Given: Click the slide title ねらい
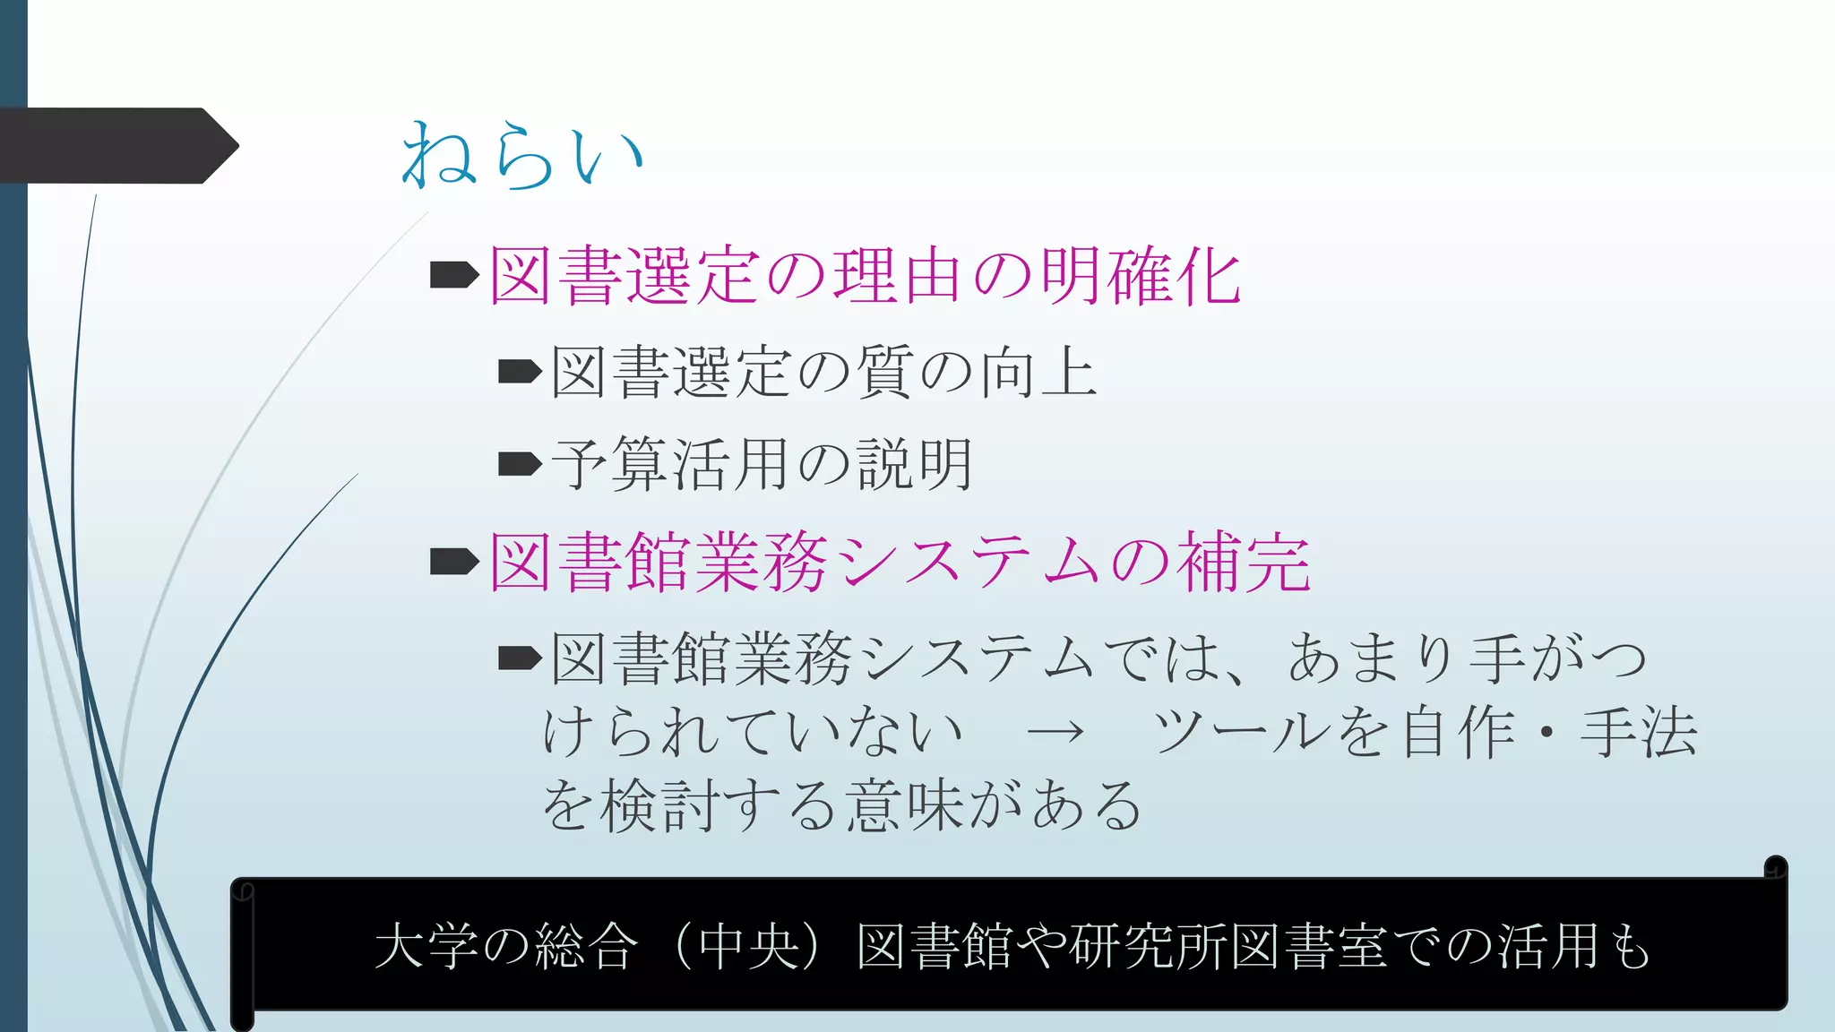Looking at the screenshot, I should [x=522, y=154].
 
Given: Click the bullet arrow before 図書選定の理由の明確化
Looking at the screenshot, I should [x=454, y=275].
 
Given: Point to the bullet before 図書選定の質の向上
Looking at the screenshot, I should [x=520, y=371].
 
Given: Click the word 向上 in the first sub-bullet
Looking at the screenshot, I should [x=1038, y=372].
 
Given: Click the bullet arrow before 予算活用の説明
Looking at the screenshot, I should [x=520, y=464].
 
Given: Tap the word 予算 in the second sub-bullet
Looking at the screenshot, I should [x=609, y=464].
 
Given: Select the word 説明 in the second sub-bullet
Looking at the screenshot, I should [x=915, y=464].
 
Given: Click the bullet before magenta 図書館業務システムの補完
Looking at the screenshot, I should [x=454, y=562].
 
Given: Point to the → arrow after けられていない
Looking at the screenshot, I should [x=1055, y=733].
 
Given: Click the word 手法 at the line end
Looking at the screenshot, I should [x=1639, y=732].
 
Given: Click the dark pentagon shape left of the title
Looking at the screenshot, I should [x=116, y=145].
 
